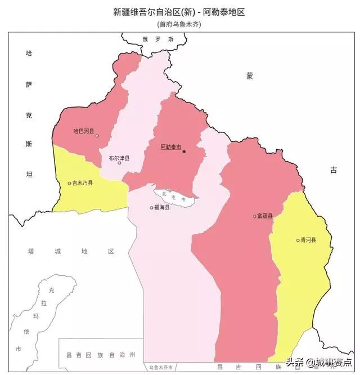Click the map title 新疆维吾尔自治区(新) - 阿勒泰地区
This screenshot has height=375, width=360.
click(x=179, y=11)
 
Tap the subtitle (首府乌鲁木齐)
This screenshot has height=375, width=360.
click(x=179, y=24)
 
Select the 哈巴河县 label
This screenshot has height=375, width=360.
click(x=84, y=131)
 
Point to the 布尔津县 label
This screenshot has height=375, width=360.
click(x=119, y=158)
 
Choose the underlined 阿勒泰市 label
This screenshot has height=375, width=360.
click(x=170, y=147)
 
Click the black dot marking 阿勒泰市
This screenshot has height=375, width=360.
click(x=184, y=151)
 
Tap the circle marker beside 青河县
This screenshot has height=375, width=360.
click(x=298, y=240)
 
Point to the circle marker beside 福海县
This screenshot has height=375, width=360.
click(x=152, y=208)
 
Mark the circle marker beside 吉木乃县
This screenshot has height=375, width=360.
click(x=69, y=183)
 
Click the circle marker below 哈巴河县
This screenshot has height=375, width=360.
click(x=97, y=136)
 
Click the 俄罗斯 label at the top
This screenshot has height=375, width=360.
click(x=158, y=39)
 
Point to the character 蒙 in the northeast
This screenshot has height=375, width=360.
click(x=249, y=75)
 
